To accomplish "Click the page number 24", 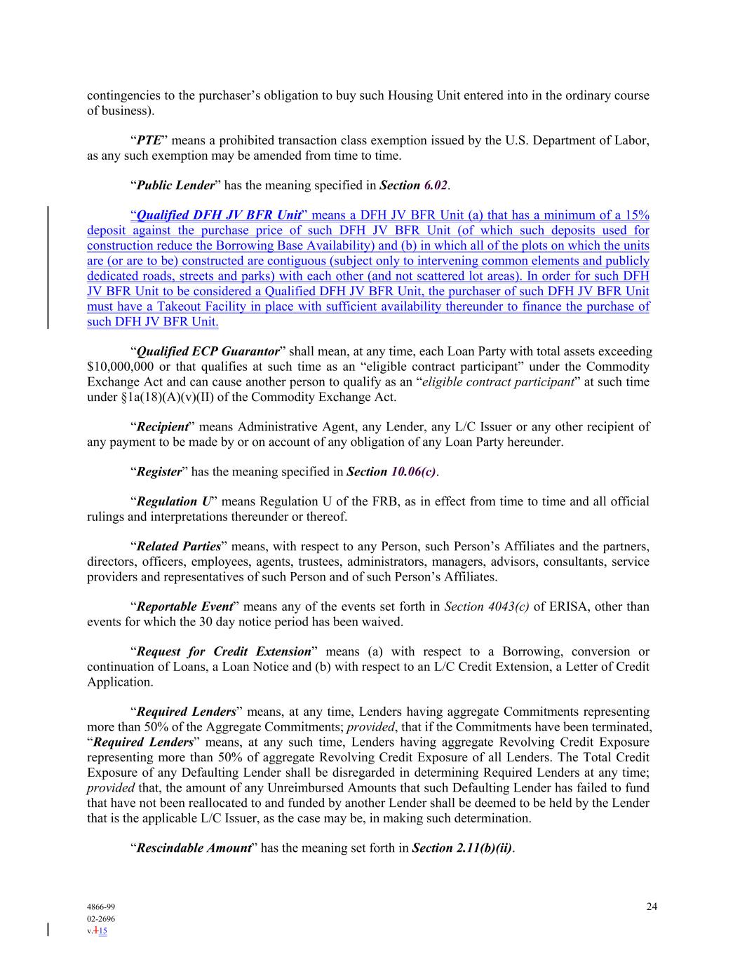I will pos(652,907).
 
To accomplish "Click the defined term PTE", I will pos(149,141).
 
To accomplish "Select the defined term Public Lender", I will pos(175,186).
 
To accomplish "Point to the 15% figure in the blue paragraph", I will pos(637,215).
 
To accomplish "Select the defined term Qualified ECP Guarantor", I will pos(207,351).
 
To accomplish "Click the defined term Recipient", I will pos(162,427).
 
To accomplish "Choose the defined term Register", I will pos(159,472).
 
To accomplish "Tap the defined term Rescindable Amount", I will pos(193,848).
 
